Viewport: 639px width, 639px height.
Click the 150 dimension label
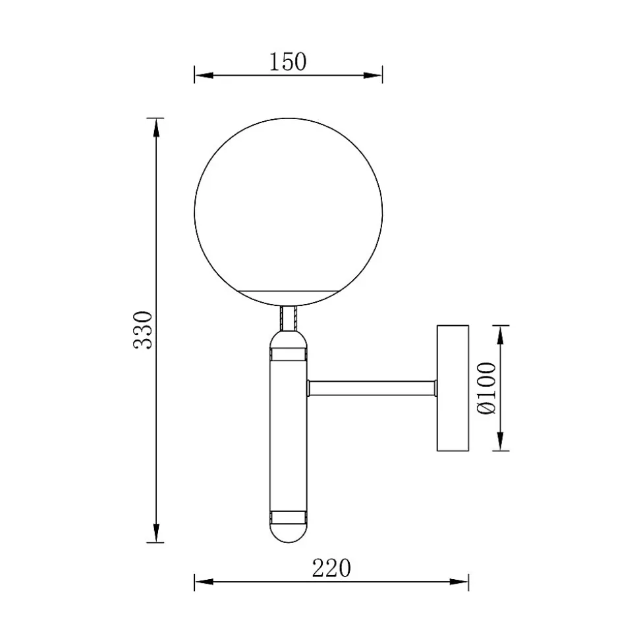288,62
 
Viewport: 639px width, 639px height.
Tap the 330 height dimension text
143,330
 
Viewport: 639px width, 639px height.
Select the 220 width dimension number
331,568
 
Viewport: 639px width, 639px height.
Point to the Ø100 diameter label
487,388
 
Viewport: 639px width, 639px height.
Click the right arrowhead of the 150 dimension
373,76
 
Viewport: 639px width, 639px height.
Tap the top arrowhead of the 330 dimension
156,128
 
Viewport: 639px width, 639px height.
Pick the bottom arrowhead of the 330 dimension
156,532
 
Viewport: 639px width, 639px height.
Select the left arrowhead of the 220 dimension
204,582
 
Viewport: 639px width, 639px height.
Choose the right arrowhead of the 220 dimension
458,582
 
